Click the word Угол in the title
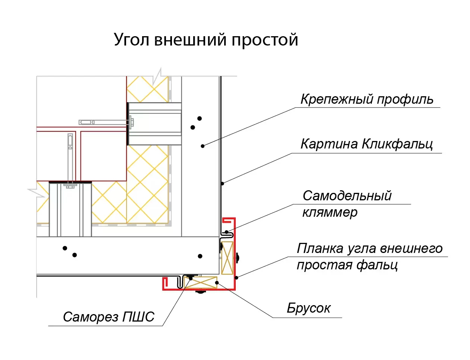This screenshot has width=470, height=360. (132, 40)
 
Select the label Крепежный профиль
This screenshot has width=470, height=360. (367, 99)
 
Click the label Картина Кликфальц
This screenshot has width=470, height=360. (367, 144)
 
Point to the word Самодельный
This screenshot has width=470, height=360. (347, 195)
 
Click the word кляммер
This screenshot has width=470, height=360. (330, 212)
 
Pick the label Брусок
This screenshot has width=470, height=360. (308, 308)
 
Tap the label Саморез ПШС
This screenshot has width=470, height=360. (108, 317)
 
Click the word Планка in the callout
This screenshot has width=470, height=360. (320, 248)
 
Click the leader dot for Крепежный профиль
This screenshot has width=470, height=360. (203, 146)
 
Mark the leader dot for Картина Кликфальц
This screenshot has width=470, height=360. (222, 183)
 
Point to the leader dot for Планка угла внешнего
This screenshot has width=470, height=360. (236, 277)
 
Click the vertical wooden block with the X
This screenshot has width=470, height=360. (227, 258)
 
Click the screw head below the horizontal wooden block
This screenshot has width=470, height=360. (201, 291)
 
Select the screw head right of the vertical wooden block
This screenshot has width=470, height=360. (237, 257)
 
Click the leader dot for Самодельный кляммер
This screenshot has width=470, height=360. (226, 232)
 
